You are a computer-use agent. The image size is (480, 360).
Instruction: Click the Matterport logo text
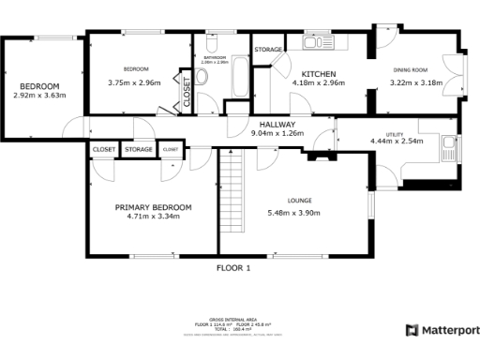[449, 330]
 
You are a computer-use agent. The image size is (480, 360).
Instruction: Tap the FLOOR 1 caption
[234, 268]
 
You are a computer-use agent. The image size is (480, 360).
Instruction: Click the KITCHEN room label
[319, 73]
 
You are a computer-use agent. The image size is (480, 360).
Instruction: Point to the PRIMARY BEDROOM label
[153, 207]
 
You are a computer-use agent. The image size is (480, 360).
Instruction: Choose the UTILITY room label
[397, 134]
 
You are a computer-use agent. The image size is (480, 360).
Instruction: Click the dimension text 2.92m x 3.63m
[39, 96]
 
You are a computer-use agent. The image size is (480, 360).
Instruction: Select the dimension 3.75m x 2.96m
[134, 82]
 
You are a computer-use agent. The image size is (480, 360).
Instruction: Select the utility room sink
[457, 149]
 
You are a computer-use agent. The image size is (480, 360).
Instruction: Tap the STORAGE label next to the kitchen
[268, 49]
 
